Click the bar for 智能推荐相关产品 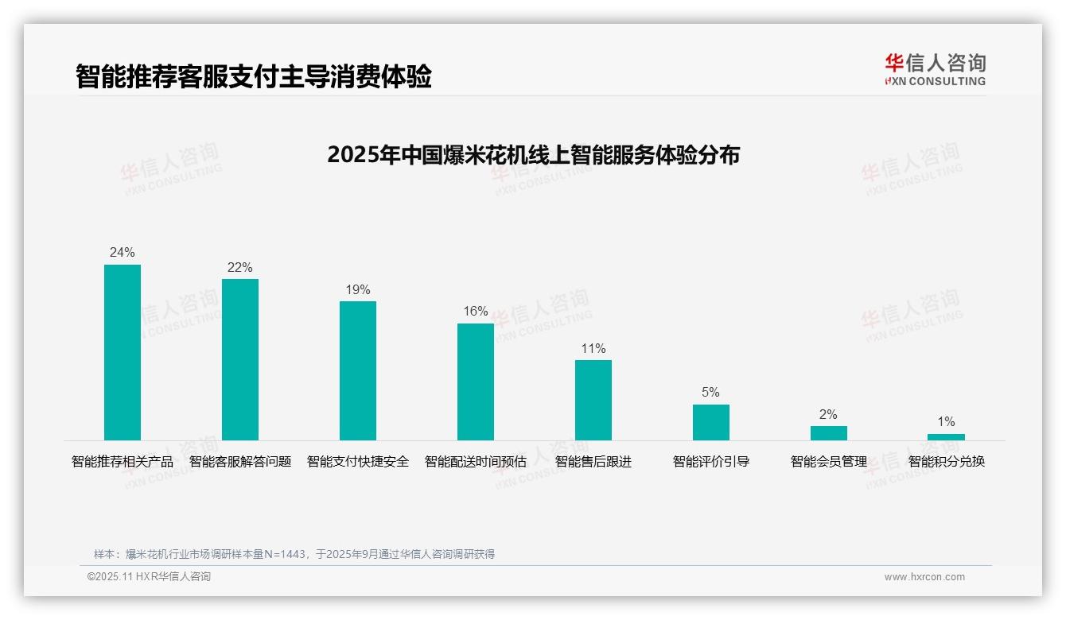pos(123,352)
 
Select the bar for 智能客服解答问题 pos(240,359)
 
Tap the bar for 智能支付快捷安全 pos(358,370)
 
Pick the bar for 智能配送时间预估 pos(476,382)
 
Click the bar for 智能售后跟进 pos(593,400)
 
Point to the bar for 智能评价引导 pos(711,422)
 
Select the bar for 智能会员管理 pos(829,433)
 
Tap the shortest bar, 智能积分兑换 pos(946,437)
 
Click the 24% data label pos(123,253)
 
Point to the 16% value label pos(476,312)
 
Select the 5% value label pos(711,393)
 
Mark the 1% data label pos(946,422)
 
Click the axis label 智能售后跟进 pos(593,462)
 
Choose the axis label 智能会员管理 pos(829,462)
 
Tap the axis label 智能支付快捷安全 pos(358,462)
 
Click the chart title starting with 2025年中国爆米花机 pos(533,155)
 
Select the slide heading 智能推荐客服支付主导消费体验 pos(254,77)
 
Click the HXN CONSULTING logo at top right pos(935,70)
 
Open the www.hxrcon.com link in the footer pos(924,577)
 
